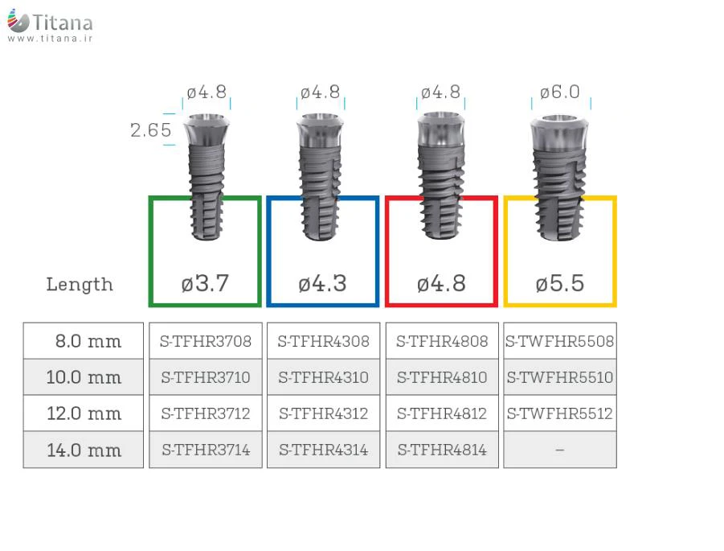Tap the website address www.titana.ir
50,39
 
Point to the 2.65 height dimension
150,130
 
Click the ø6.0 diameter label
559,92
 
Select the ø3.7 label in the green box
205,283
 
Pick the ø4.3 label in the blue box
322,283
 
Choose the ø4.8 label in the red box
441,283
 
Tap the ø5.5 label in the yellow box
559,283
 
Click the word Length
80,284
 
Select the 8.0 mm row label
88,341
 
